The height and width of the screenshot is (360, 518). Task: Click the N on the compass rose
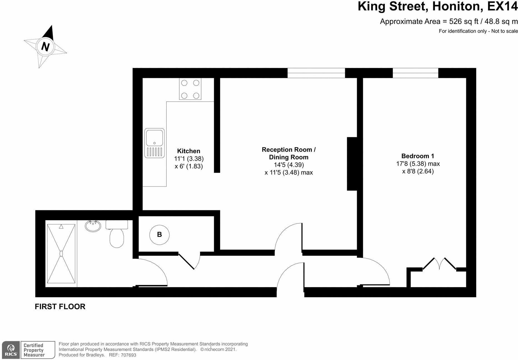45,46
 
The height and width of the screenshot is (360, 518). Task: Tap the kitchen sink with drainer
154,143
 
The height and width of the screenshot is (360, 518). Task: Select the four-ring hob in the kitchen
190,89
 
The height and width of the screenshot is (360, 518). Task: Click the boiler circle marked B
159,234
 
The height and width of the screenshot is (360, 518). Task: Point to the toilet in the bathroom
117,235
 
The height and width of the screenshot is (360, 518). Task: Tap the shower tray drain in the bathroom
61,253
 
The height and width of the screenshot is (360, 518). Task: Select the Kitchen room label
189,151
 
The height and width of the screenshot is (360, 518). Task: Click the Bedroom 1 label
418,156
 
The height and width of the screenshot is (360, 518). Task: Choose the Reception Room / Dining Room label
289,153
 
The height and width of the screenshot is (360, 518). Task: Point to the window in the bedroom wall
415,73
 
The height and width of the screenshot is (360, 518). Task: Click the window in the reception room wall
316,73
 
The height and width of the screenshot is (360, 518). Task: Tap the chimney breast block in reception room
352,164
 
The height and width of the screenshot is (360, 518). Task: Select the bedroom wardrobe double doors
439,264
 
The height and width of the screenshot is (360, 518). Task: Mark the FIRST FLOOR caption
60,307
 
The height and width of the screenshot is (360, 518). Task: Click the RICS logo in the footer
11,350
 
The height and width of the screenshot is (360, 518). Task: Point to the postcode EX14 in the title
502,7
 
